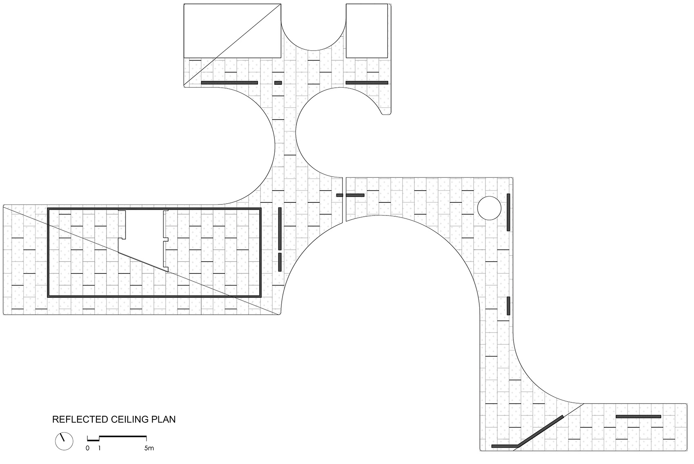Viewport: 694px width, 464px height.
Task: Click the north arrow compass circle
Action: tap(64, 441)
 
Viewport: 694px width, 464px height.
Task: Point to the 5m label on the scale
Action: tap(149, 448)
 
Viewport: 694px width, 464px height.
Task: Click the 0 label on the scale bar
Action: tap(87, 448)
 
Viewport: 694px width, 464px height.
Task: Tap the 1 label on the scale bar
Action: tap(99, 448)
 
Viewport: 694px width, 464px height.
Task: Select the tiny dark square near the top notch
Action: tap(278, 83)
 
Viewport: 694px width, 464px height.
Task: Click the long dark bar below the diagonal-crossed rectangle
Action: tap(229, 83)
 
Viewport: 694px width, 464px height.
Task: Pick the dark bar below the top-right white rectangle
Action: tap(367, 83)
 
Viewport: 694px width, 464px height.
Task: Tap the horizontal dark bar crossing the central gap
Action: tap(350, 195)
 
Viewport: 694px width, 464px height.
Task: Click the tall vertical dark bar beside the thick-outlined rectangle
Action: tap(280, 229)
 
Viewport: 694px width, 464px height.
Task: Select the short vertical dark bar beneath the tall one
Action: tap(280, 262)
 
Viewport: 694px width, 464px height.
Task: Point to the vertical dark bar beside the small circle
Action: tap(508, 212)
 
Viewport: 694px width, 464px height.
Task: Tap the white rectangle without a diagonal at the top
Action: tap(367, 31)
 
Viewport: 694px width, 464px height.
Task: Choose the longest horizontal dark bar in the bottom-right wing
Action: tap(638, 416)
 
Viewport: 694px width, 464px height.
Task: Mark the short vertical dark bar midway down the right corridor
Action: tap(508, 306)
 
